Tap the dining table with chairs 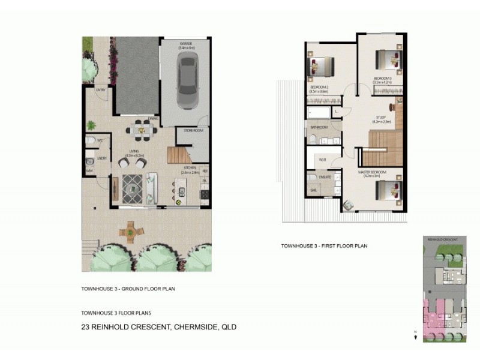(x=139, y=128)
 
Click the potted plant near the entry (x=91, y=125)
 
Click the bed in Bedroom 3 (x=388, y=61)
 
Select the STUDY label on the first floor (x=381, y=118)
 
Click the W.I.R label (x=322, y=160)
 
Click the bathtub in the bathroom (x=319, y=113)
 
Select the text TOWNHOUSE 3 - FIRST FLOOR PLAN (x=324, y=245)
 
